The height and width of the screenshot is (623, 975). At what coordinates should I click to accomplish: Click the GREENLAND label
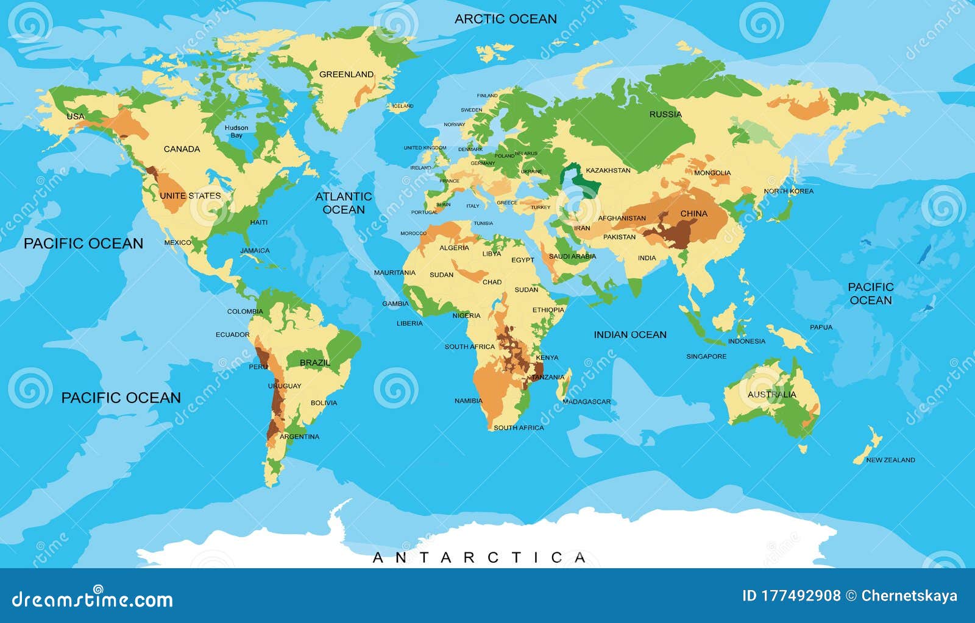point(346,74)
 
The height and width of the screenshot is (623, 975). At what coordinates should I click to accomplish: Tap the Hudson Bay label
point(236,132)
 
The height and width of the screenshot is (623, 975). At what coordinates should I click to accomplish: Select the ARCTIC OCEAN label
point(506,19)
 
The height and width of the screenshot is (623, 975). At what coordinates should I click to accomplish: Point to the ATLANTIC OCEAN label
point(343,203)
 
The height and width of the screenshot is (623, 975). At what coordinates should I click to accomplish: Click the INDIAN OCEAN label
point(630,334)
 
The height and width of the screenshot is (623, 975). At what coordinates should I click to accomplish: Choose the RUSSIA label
point(665,114)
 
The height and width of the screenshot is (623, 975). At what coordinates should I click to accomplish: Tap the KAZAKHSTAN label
point(608,171)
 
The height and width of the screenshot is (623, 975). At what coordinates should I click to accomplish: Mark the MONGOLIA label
point(712,173)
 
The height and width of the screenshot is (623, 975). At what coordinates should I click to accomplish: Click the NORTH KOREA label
point(789,191)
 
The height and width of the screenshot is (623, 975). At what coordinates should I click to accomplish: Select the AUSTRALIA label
point(771,395)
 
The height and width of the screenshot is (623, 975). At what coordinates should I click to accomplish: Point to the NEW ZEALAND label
point(890,460)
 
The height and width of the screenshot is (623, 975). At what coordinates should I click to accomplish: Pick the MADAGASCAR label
point(586,402)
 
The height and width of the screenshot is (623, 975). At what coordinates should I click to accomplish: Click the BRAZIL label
point(315,363)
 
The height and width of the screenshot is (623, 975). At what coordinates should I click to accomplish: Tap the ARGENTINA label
point(299,437)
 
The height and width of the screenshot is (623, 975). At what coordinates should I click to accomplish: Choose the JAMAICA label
point(255,250)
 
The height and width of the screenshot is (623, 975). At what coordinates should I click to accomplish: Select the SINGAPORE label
point(706,356)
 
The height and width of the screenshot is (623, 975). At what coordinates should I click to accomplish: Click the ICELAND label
point(402,106)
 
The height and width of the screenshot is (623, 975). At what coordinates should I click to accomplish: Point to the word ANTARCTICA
point(479,557)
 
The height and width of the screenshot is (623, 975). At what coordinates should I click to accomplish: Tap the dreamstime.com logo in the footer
point(93,599)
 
